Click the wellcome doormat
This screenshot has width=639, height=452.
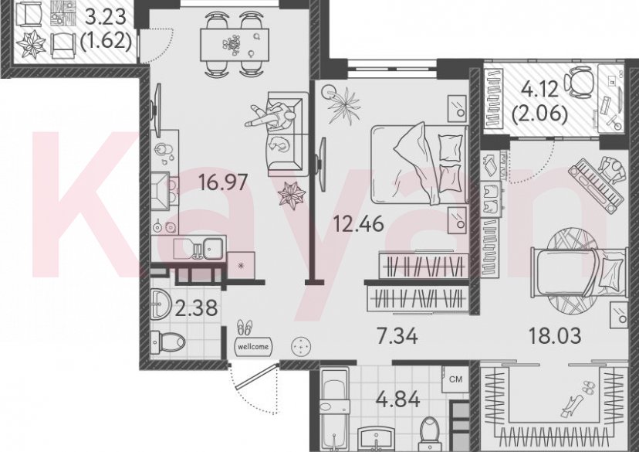coord(252,347)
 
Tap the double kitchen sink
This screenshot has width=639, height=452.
coord(198,248)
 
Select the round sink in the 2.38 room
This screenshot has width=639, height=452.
coord(162,303)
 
